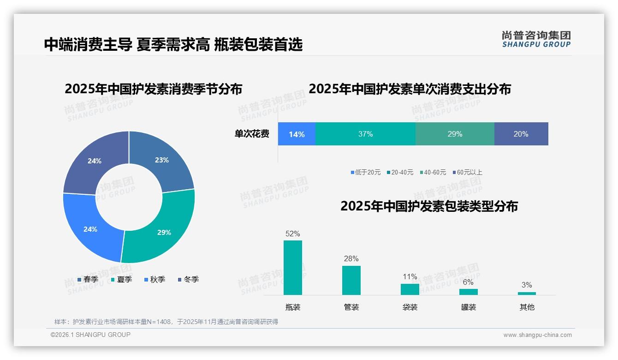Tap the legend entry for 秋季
point(154,279)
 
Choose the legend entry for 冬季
point(188,279)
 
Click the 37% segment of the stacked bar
point(365,134)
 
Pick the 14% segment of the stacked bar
point(297,134)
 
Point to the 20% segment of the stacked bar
point(521,134)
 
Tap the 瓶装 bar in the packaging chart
point(293,268)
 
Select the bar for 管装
point(351,280)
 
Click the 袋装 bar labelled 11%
point(410,289)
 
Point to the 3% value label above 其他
point(527,285)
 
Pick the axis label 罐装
point(469,307)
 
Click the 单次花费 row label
point(252,134)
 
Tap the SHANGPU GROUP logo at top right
point(536,39)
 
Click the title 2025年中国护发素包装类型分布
point(429,206)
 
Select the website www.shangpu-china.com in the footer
point(537,335)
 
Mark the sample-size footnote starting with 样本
point(166,322)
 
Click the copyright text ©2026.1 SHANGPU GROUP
point(90,335)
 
